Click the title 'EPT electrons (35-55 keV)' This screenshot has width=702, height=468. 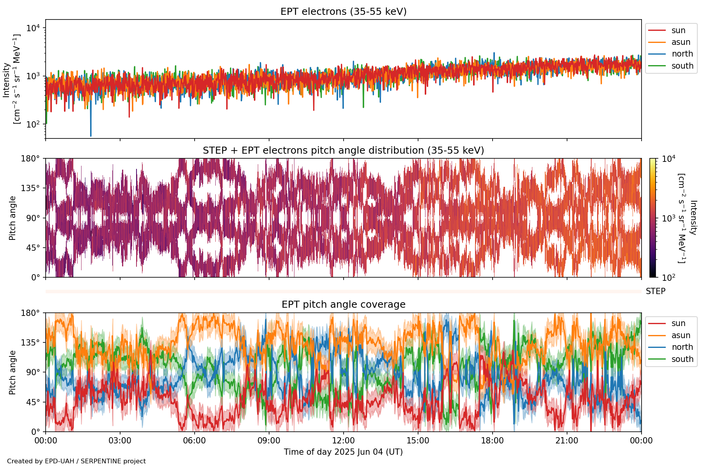(343, 12)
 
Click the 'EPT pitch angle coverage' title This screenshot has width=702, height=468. (343, 305)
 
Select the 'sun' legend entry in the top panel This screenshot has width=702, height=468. (678, 30)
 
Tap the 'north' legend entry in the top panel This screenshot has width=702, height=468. (682, 54)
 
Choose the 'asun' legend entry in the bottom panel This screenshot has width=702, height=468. (681, 335)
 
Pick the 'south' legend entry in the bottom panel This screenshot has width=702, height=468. (682, 359)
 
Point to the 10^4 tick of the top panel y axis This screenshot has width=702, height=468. (34, 28)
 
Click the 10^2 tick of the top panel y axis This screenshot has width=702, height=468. (34, 124)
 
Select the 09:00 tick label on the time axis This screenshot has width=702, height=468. (269, 441)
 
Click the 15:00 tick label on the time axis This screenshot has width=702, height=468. (418, 441)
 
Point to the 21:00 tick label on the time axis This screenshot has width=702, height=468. (567, 441)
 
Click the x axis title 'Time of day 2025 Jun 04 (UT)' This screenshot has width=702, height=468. (343, 452)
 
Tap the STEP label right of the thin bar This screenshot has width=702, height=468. (655, 291)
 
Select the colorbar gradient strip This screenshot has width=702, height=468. (652, 218)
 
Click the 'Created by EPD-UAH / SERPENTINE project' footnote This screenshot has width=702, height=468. (76, 461)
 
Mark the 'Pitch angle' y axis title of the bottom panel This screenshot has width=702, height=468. (12, 372)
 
